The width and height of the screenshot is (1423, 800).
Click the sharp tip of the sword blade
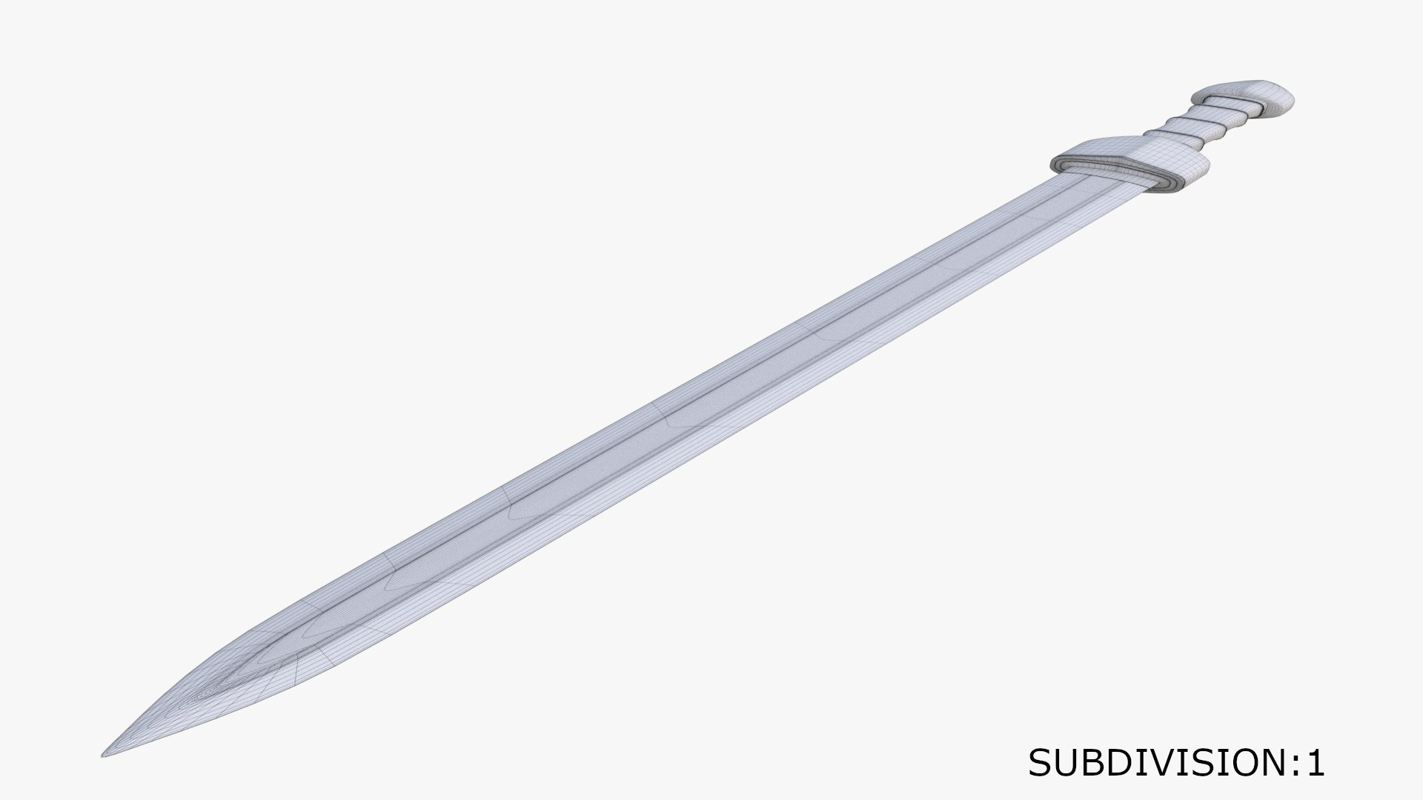click(x=105, y=755)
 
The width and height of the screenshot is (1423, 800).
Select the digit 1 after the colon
click(x=1315, y=763)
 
